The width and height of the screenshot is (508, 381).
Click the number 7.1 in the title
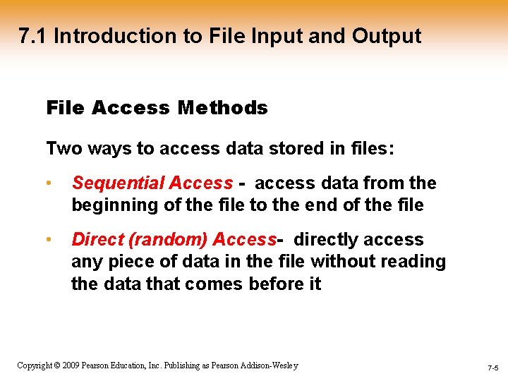33,36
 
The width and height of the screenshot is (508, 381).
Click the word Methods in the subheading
223,108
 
